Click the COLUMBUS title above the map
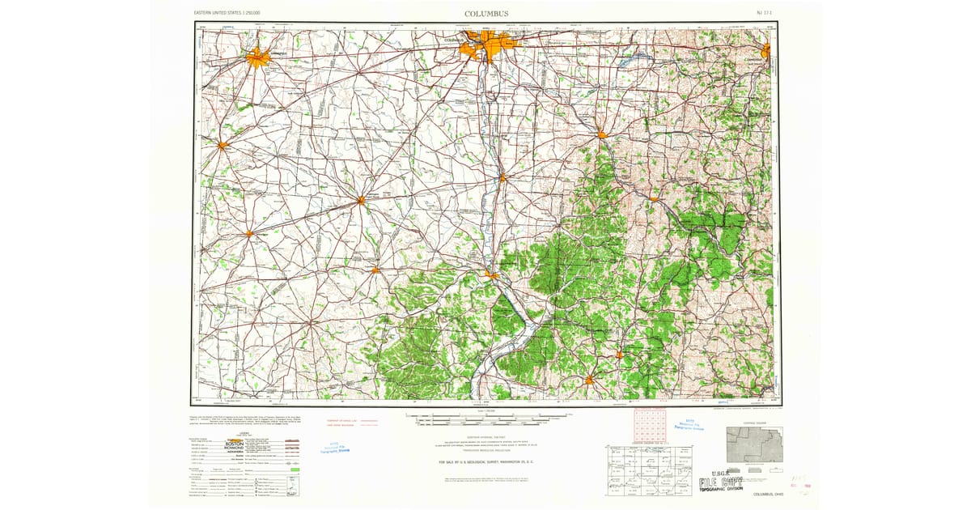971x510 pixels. pyautogui.click(x=486, y=14)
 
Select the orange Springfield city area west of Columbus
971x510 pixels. pyautogui.click(x=258, y=57)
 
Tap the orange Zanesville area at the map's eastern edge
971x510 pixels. pyautogui.click(x=765, y=52)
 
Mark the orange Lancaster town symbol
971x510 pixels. pyautogui.click(x=602, y=134)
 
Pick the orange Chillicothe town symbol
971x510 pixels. pyautogui.click(x=492, y=276)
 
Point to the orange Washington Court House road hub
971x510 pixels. pyautogui.click(x=361, y=199)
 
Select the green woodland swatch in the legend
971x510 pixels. pyautogui.click(x=295, y=470)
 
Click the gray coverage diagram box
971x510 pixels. pyautogui.click(x=754, y=445)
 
